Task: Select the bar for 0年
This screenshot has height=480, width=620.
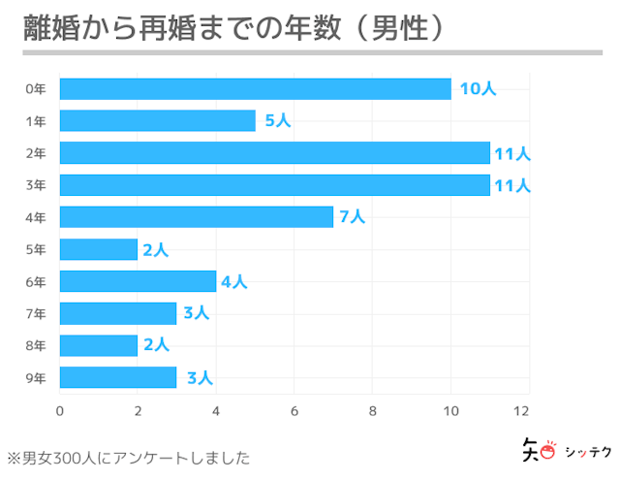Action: (x=255, y=89)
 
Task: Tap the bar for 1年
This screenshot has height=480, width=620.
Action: (x=157, y=121)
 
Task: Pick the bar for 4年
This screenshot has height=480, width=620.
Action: (x=196, y=217)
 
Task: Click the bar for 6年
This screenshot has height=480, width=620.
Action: (x=138, y=281)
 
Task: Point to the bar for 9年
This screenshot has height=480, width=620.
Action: (x=118, y=377)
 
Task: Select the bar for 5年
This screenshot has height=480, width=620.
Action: (x=99, y=249)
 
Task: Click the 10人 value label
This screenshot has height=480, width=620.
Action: (x=477, y=89)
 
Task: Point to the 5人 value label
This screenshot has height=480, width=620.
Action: (x=277, y=121)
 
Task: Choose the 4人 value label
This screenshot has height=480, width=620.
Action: (x=233, y=282)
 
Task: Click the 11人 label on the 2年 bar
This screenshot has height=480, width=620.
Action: (x=511, y=153)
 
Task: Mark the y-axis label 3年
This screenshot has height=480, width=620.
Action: (x=36, y=185)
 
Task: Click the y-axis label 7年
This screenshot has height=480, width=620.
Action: (x=36, y=313)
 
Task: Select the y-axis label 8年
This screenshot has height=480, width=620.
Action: (x=36, y=345)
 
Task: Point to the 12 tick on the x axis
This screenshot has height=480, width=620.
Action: (x=528, y=410)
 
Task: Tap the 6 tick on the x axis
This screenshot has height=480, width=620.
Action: (x=294, y=410)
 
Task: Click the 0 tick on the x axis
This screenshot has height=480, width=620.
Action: (x=60, y=410)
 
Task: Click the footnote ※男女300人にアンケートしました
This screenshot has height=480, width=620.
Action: (x=129, y=457)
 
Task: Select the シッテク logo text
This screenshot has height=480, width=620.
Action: (x=582, y=451)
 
